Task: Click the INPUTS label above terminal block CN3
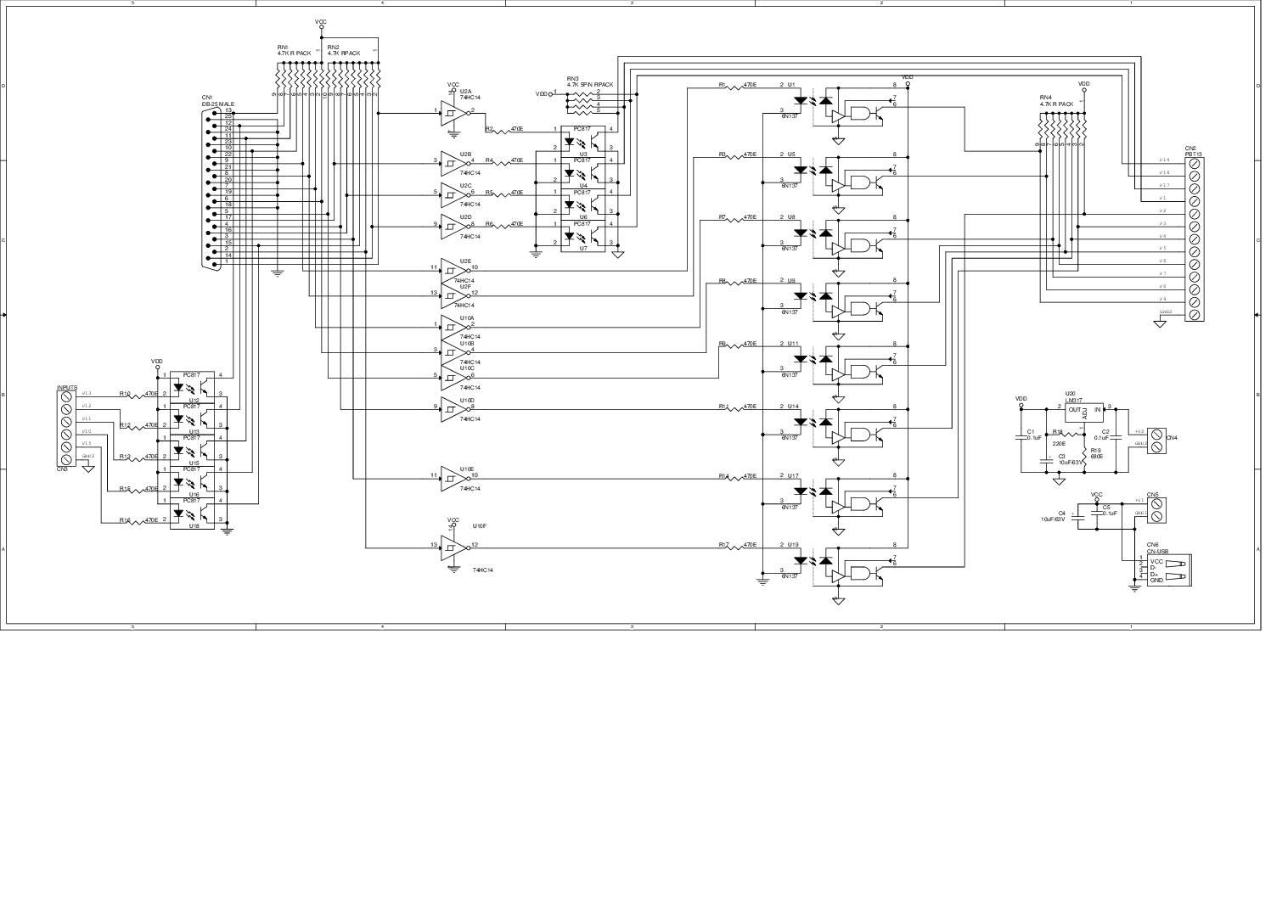coord(67,388)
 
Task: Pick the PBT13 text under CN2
coord(1193,154)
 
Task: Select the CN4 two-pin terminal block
coord(1156,438)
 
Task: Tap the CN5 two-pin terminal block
coord(1156,508)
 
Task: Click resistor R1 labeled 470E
coord(731,86)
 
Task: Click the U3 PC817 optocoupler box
coord(583,139)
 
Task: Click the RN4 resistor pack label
coord(1056,101)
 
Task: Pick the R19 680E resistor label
coord(1096,453)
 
